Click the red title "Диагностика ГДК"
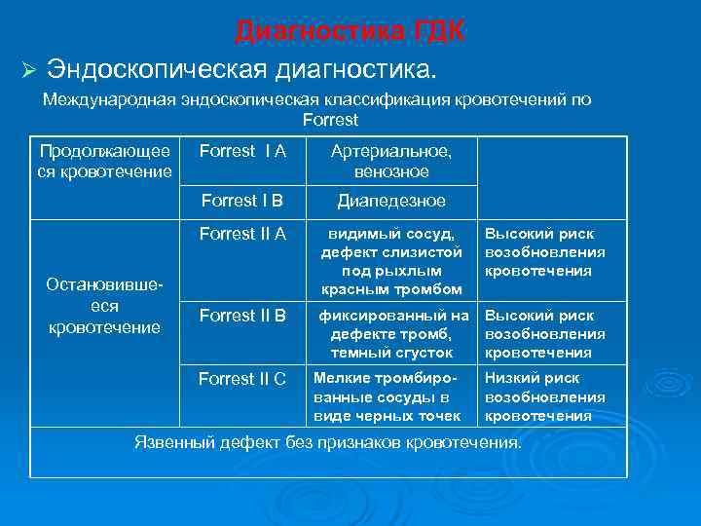tap(350, 31)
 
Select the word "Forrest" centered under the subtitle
tap(330, 121)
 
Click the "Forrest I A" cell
tap(242, 151)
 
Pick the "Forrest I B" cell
tap(241, 201)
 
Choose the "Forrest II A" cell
tap(242, 234)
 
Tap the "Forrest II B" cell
tap(242, 316)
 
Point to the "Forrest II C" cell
tap(242, 379)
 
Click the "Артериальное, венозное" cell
tap(391, 162)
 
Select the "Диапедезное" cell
tap(391, 201)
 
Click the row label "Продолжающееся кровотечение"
tap(105, 162)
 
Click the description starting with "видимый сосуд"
tap(391, 261)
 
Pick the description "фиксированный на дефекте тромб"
tap(391, 334)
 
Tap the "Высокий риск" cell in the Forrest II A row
tap(545, 252)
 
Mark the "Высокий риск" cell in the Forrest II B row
tap(545, 334)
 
